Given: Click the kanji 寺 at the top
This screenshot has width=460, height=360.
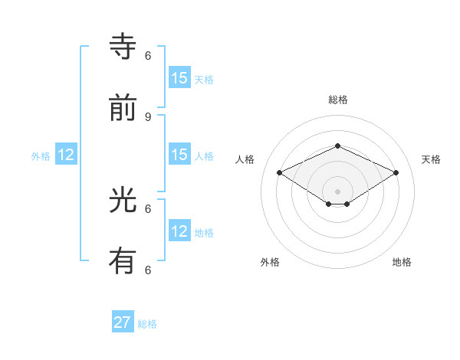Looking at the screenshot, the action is coord(124,47).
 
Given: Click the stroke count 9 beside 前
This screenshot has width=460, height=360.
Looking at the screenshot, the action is coord(148,116).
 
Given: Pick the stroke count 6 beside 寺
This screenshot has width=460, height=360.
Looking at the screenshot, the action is coord(148,56).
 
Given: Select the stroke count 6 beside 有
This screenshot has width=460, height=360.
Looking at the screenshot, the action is coord(148,270).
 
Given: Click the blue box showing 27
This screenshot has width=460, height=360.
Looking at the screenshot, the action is coord(123,322).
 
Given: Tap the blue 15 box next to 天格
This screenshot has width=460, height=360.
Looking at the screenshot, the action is coord(179,77).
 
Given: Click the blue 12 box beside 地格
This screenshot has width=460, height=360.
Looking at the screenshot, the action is coord(179,231).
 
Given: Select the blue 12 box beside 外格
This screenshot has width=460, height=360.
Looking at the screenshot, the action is coord(66,155).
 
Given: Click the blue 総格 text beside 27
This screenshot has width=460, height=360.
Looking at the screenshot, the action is coord(147,324).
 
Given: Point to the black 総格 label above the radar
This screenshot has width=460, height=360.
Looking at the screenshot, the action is coord(337,100).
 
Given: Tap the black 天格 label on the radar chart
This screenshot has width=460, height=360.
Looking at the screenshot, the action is coord(431,159).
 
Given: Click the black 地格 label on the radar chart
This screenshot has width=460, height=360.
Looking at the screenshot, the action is coord(402,262).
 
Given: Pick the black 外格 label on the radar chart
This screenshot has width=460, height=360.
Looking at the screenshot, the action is coord(270,262).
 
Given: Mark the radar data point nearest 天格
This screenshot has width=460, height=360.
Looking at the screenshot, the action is coord(396,173).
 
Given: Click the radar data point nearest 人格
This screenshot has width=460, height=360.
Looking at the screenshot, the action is coord(280,173).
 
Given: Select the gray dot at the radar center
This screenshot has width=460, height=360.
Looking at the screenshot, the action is coord(337,191).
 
